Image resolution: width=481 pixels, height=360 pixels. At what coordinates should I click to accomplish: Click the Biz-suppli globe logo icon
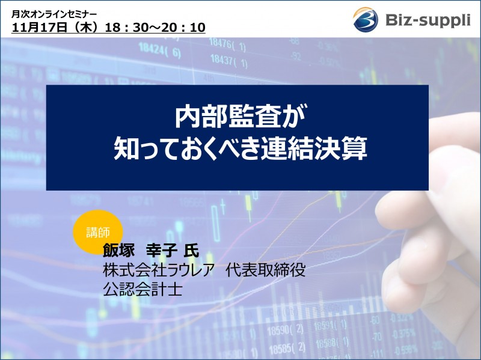[x=366, y=19]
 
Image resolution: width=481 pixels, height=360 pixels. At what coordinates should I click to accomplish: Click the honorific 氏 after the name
[x=191, y=251]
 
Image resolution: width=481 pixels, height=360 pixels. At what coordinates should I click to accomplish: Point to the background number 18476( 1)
[x=227, y=43]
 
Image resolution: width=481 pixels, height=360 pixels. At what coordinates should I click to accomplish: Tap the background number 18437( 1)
[x=227, y=60]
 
